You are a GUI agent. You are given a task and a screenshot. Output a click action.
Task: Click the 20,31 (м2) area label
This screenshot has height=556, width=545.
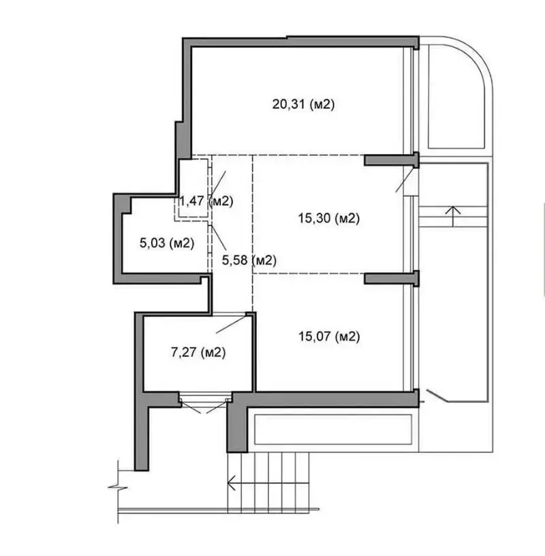pos(303,104)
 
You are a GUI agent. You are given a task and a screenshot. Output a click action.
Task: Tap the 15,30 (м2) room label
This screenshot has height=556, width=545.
pos(328,218)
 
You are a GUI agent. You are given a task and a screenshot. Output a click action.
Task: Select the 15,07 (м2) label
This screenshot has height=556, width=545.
pos(329,336)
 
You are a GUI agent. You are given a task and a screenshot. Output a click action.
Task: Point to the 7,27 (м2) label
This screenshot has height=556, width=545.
pos(198,352)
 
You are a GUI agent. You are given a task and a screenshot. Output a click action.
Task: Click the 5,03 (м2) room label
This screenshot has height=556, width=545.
pos(167,243)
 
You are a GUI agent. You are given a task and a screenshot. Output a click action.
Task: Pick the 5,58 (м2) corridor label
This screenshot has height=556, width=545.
pos(249,260)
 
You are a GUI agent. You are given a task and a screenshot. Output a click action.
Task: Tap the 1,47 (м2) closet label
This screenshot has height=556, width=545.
pos(206,201)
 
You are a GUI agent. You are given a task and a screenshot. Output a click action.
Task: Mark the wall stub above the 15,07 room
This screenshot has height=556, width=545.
pos(392,278)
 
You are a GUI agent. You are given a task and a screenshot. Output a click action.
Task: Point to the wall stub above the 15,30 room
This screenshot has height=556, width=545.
pos(392,160)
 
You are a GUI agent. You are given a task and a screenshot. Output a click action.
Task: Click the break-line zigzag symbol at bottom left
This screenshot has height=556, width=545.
pos(117,488)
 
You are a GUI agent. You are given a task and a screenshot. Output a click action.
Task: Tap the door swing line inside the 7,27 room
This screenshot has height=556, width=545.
pos(231,324)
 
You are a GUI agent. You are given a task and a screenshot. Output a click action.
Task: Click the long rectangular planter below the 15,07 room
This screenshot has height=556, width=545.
pos(333,429)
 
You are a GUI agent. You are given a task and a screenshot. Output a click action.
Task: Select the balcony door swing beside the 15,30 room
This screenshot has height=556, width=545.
pos(405,180)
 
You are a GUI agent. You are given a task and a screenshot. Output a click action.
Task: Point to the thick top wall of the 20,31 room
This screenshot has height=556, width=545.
pos(300,42)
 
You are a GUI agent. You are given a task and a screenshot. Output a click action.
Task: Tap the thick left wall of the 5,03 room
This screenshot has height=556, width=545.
pos(118,238)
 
